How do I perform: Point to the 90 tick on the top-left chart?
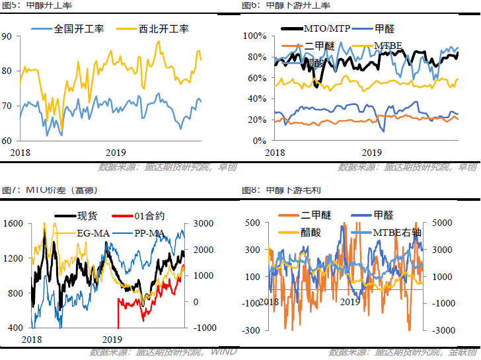pos(7,36)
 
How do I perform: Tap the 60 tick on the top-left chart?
pos(7,141)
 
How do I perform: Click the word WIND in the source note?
pos(223,351)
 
